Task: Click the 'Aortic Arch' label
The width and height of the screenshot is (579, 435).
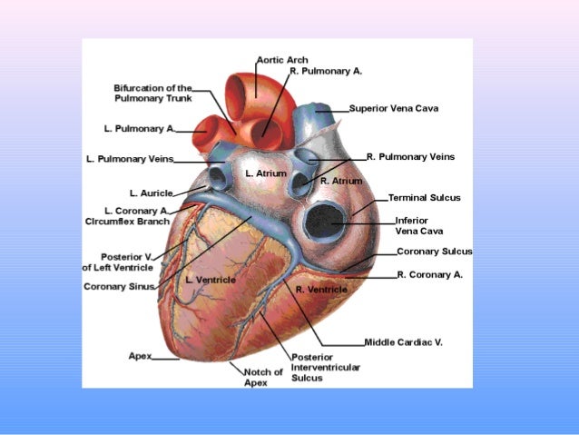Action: [282, 60]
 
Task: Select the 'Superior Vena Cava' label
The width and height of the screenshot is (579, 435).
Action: [394, 108]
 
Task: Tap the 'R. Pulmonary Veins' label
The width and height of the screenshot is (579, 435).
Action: [410, 156]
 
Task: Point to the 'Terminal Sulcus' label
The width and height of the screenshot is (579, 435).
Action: [424, 197]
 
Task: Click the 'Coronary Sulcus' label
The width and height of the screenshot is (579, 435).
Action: [434, 252]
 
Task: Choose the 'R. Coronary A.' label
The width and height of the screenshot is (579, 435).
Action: [429, 273]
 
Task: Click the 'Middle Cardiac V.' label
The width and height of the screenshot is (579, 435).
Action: [403, 342]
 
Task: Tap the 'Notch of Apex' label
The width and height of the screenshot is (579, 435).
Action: [263, 377]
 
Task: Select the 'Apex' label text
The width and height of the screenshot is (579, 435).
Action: [140, 355]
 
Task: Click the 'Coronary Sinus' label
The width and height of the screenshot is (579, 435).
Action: [119, 287]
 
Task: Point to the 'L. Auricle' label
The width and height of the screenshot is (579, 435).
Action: [145, 193]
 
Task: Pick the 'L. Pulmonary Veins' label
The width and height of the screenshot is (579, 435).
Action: [130, 159]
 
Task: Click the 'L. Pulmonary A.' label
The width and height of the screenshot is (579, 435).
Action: [139, 128]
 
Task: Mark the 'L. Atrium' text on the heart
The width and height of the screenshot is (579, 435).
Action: [266, 173]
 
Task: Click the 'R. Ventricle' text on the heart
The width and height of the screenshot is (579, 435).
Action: [321, 289]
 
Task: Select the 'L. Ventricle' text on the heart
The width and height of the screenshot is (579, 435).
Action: [211, 280]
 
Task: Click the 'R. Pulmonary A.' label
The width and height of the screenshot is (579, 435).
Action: [326, 70]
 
